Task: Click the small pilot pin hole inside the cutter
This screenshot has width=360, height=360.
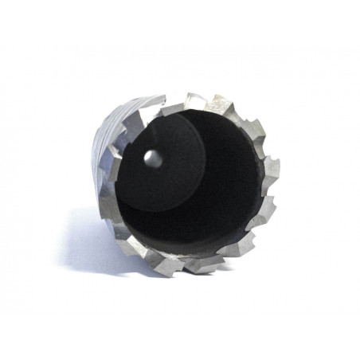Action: pos(153,158)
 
